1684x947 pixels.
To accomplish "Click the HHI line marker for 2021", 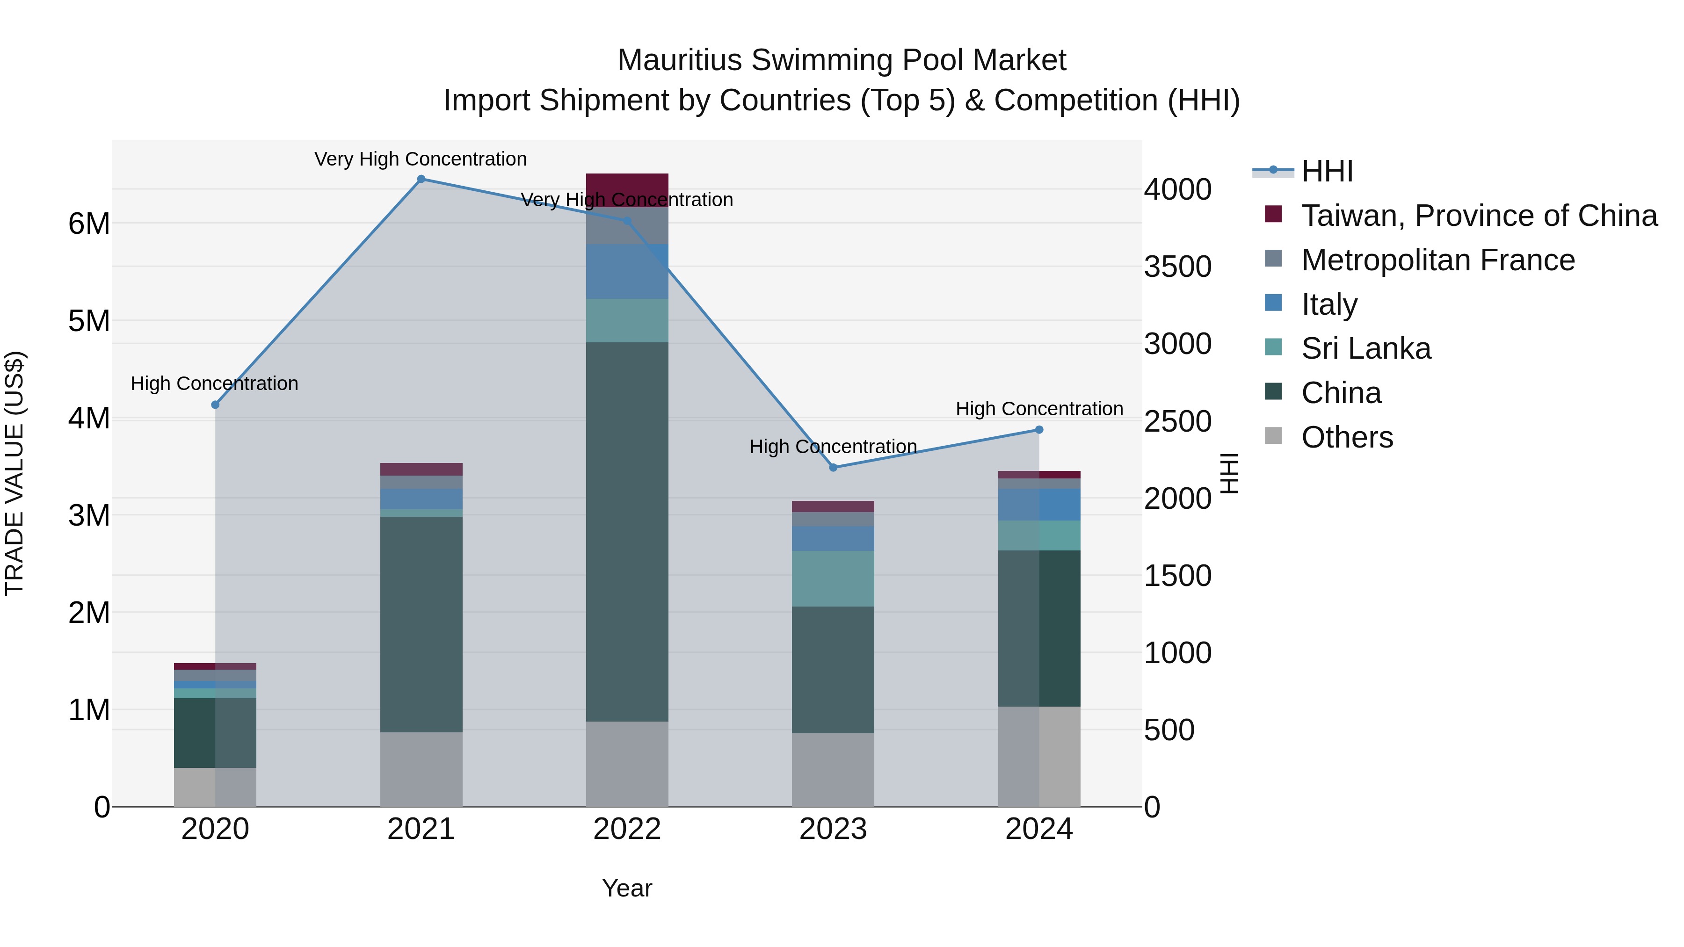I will tap(421, 179).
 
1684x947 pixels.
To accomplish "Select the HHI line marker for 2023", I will tap(833, 467).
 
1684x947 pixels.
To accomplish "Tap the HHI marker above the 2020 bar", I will tap(215, 405).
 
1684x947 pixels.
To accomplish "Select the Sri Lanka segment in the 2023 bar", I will tap(833, 578).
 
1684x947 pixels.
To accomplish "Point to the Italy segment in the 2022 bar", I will tap(626, 271).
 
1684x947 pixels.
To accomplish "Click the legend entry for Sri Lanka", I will tap(1365, 348).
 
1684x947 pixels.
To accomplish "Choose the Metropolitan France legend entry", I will tap(1437, 260).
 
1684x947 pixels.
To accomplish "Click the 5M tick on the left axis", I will tap(89, 321).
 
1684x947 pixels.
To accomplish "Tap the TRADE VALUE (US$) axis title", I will tap(15, 473).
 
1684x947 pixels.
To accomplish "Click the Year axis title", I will tap(626, 888).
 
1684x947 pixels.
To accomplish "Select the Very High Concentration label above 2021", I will tap(421, 159).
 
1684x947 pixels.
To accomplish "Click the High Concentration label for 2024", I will tap(1039, 408).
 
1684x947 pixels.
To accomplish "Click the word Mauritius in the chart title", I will tap(679, 60).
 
